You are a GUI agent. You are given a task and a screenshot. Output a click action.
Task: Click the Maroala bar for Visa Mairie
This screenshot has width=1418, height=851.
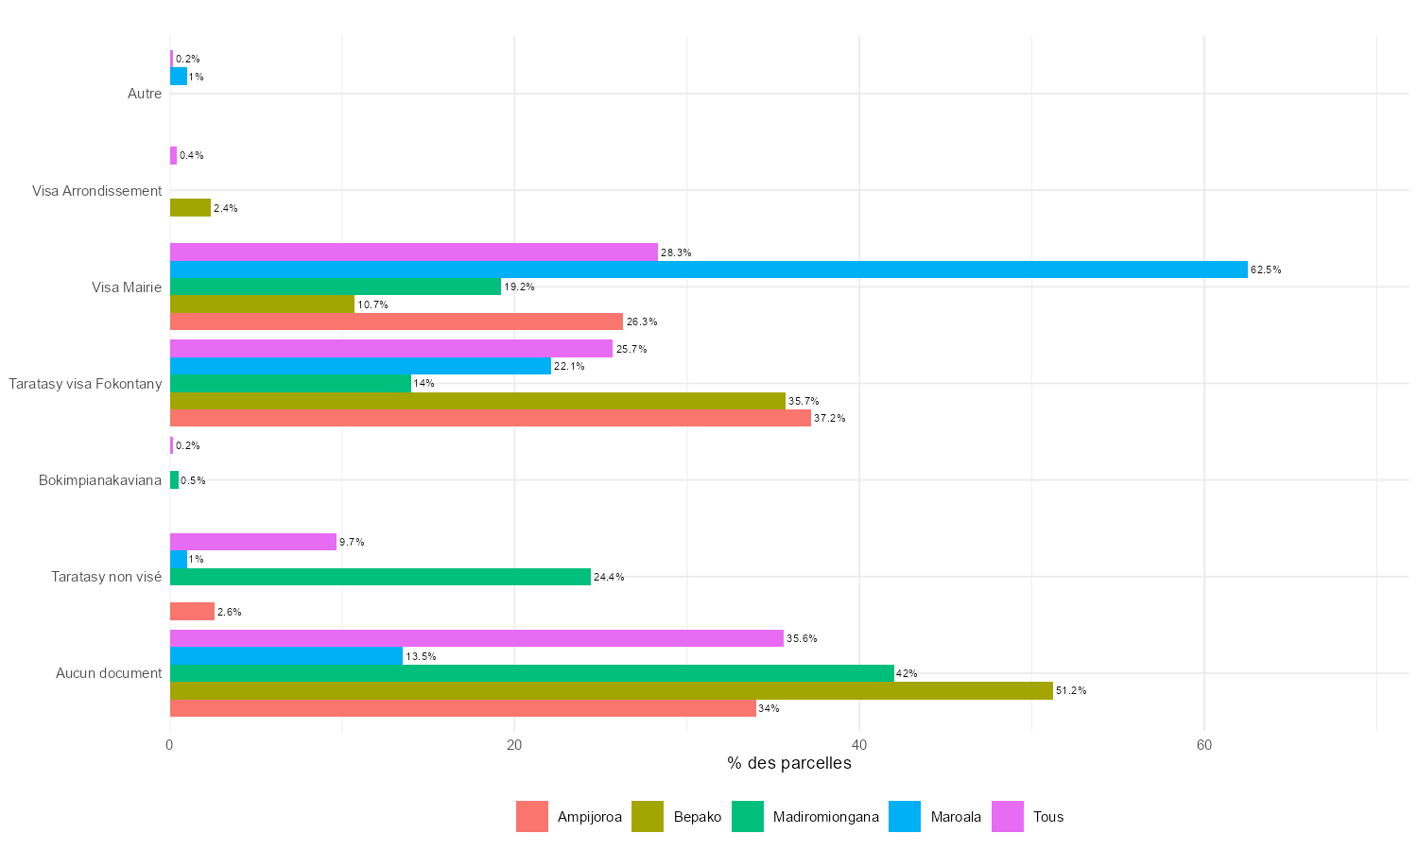pyautogui.click(x=708, y=269)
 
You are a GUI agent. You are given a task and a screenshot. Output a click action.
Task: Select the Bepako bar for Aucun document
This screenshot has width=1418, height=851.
pyautogui.click(x=611, y=690)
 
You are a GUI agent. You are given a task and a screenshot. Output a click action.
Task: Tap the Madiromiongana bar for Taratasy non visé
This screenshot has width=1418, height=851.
pyautogui.click(x=380, y=577)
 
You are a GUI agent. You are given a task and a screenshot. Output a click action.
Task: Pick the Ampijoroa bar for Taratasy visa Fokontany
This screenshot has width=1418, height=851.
pyautogui.click(x=490, y=418)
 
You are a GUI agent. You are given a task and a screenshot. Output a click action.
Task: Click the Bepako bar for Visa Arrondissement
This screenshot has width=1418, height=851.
pyautogui.click(x=190, y=208)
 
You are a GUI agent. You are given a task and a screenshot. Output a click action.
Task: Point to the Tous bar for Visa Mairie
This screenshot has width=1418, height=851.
pyautogui.click(x=413, y=252)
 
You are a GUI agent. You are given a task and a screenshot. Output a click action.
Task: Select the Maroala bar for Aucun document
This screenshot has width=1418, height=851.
pyautogui.click(x=285, y=655)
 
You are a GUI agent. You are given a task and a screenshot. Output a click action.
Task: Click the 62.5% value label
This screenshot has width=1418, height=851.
pyautogui.click(x=1266, y=269)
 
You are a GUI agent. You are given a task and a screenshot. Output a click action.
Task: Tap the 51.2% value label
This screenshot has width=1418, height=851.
pyautogui.click(x=1071, y=691)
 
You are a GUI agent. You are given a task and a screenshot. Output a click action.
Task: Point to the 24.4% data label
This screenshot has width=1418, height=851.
pyautogui.click(x=609, y=577)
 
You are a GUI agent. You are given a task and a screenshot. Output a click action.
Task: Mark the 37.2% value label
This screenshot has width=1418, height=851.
pyautogui.click(x=829, y=418)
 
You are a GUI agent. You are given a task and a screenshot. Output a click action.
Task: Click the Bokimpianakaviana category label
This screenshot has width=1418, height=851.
pyautogui.click(x=100, y=480)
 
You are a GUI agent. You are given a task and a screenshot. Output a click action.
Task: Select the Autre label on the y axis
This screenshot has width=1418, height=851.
pyautogui.click(x=145, y=94)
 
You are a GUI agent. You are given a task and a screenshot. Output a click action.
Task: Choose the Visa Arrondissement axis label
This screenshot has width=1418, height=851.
pyautogui.click(x=97, y=191)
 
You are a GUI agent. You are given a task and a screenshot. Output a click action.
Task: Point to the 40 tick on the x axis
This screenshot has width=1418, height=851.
pyautogui.click(x=859, y=745)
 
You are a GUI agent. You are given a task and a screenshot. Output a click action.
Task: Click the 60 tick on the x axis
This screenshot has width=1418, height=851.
pyautogui.click(x=1203, y=745)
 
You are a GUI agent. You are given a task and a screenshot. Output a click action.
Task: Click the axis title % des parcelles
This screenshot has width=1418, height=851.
pyautogui.click(x=789, y=763)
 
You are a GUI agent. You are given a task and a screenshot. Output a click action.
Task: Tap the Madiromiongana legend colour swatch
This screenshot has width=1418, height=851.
pyautogui.click(x=747, y=817)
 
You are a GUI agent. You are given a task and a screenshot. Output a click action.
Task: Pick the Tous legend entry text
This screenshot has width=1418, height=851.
pyautogui.click(x=1048, y=817)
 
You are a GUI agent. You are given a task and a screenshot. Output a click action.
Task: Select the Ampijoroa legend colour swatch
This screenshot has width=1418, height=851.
pyautogui.click(x=532, y=817)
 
